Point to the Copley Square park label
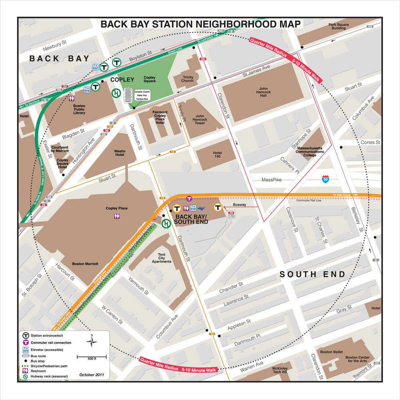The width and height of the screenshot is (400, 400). click(150, 80)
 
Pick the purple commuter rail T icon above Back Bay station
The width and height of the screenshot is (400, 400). click(189, 198)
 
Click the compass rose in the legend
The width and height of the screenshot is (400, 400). click(92, 341)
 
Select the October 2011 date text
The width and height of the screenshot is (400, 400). click(92, 375)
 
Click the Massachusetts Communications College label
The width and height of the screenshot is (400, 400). click(310, 152)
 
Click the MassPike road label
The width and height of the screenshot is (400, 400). click(272, 180)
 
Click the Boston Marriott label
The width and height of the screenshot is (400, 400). click(85, 264)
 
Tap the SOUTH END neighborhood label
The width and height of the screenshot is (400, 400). click(312, 274)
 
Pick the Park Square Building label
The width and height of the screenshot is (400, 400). click(339, 26)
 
